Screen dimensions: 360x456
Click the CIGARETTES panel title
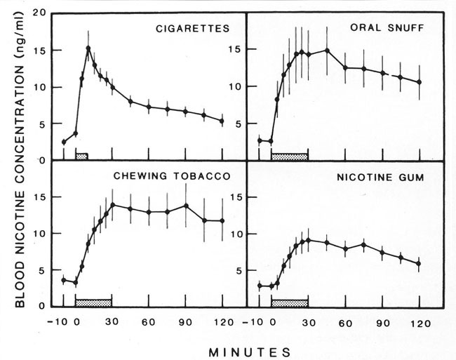point(194,29)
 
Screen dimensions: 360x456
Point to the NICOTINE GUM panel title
point(389,177)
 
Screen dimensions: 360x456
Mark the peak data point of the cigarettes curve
point(88,48)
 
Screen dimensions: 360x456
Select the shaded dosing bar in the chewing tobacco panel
point(93,302)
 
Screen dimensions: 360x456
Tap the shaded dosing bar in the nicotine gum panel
point(290,302)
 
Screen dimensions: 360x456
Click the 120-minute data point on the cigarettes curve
point(222,121)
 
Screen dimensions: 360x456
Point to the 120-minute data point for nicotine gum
point(419,264)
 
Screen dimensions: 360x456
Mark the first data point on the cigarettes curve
point(64,142)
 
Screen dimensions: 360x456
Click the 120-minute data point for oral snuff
point(419,82)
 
